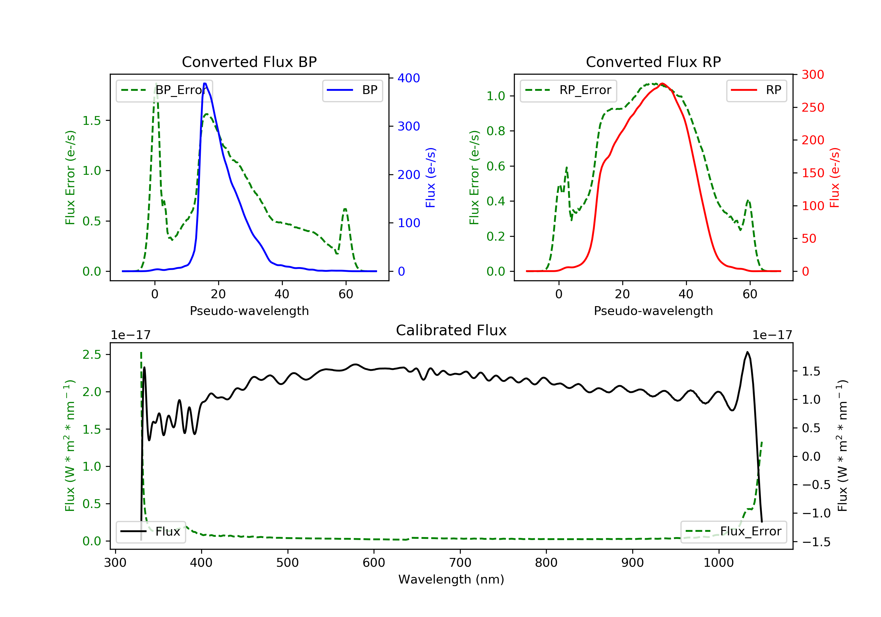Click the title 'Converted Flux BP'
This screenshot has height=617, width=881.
[249, 62]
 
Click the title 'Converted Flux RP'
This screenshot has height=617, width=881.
[653, 62]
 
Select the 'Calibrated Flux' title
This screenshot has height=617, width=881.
[451, 330]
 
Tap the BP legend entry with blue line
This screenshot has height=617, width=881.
[352, 90]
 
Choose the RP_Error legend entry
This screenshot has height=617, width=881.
[568, 90]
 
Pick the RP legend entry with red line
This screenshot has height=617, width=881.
[756, 90]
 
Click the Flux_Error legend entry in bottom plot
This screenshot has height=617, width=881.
[733, 532]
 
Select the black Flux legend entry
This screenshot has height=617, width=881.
[150, 532]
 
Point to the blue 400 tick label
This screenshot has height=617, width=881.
[409, 78]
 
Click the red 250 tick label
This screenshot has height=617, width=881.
[813, 107]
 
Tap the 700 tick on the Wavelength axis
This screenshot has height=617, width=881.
[460, 563]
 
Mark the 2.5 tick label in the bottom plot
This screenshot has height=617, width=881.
[92, 354]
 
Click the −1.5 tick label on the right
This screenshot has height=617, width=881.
[816, 542]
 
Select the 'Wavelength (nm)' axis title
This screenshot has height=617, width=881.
[451, 579]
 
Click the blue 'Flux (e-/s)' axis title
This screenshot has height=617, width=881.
[431, 178]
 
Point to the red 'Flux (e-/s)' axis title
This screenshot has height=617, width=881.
[835, 178]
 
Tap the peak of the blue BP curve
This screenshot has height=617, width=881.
[205, 83]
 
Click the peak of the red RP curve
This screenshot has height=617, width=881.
[662, 83]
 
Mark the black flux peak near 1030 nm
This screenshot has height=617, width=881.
[747, 352]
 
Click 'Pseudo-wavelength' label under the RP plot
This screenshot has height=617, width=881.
[653, 311]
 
